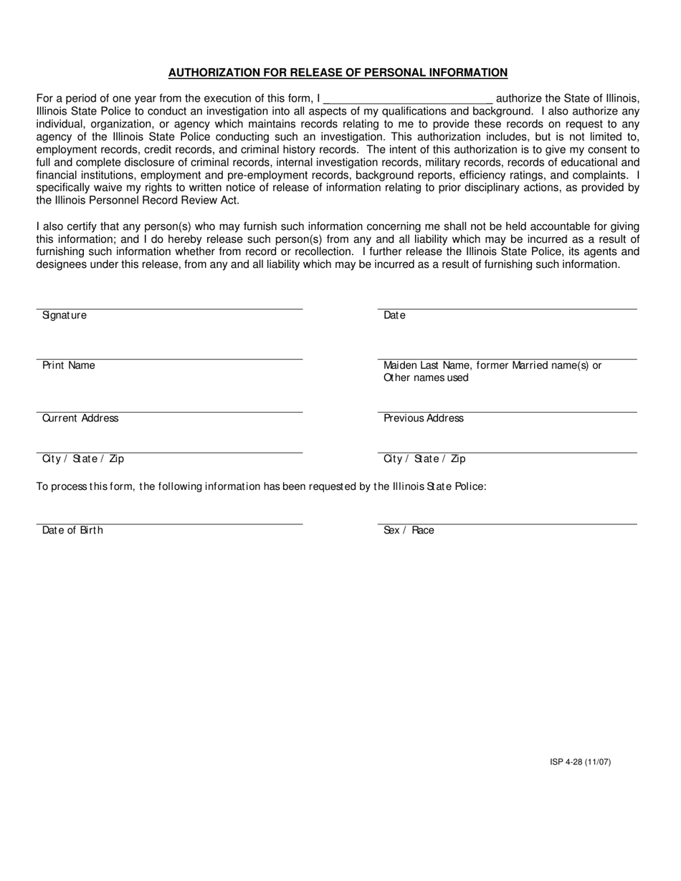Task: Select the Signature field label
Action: tap(65, 315)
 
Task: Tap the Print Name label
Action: tap(69, 365)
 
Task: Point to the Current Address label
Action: tap(80, 418)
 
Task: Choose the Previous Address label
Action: tap(424, 418)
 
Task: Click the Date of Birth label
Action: tap(72, 530)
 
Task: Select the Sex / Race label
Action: tap(409, 530)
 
